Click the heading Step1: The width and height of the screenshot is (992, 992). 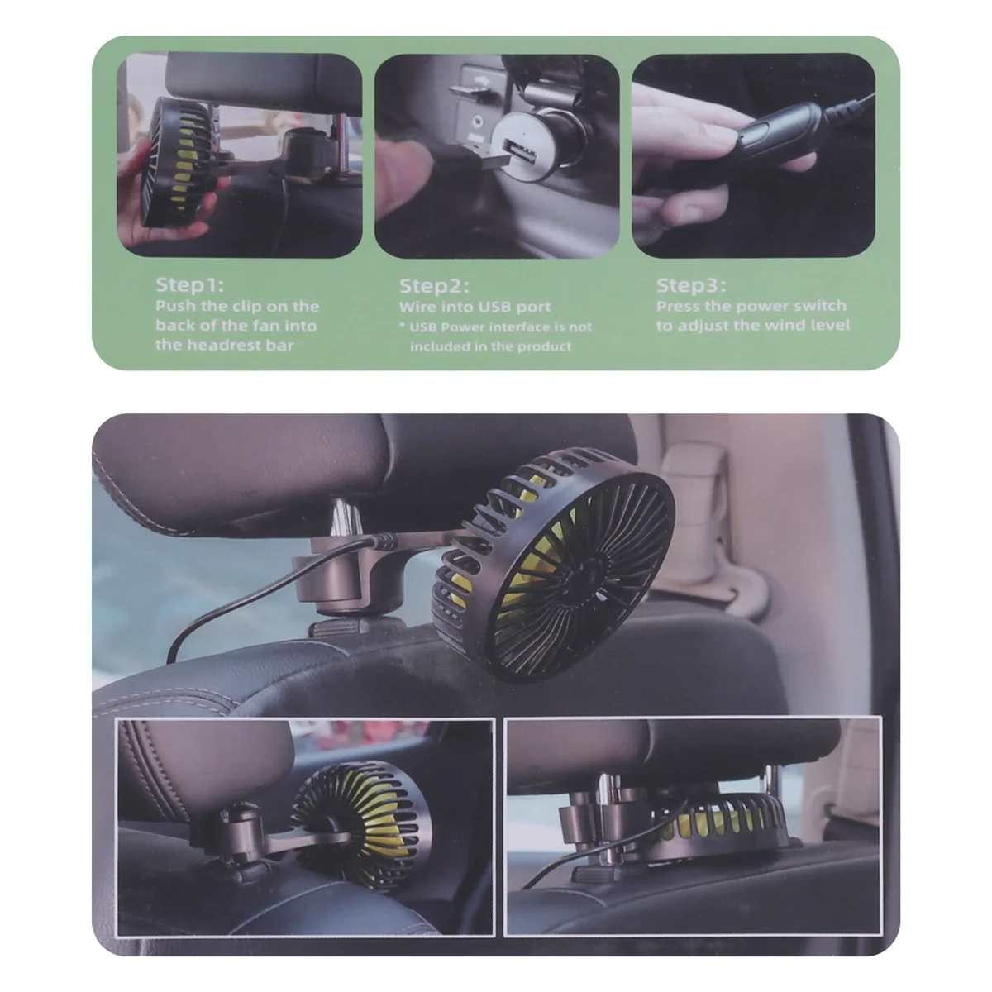[189, 285]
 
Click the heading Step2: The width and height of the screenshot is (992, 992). [434, 286]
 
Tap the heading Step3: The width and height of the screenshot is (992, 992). [691, 285]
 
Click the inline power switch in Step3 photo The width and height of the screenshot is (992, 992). [773, 136]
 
